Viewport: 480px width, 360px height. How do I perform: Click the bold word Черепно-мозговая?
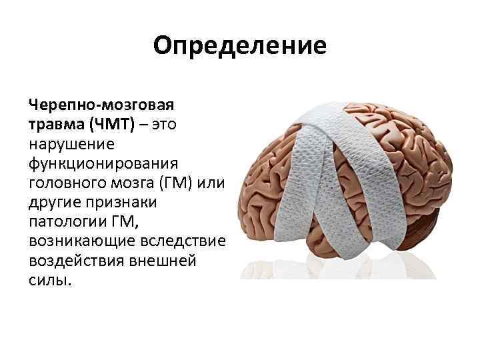(x=101, y=105)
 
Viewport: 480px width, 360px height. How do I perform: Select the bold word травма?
(x=57, y=125)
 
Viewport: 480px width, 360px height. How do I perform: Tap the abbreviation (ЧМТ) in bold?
(x=113, y=125)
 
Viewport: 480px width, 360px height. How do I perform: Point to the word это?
(x=165, y=125)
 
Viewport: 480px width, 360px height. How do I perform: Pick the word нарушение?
(x=71, y=145)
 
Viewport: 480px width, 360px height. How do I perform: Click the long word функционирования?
(x=103, y=164)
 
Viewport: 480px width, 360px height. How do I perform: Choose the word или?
(x=211, y=183)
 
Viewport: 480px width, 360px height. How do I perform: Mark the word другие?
(x=55, y=203)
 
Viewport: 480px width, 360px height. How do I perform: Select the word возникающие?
(x=82, y=242)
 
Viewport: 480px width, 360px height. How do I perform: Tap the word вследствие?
(x=183, y=241)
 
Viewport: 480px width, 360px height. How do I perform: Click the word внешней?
(x=163, y=261)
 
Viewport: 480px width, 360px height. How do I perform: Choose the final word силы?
(x=50, y=281)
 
